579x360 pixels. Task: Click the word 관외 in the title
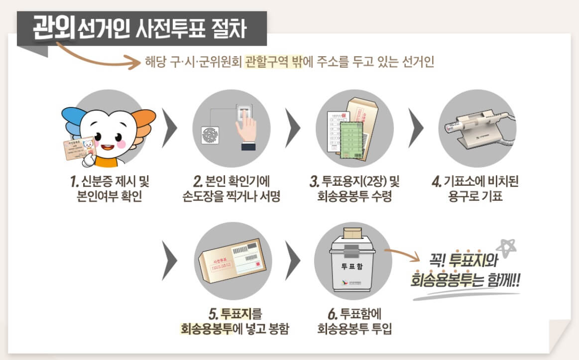54,28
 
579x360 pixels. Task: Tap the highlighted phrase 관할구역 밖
273,62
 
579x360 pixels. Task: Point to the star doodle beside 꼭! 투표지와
507,247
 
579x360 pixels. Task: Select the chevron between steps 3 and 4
415,128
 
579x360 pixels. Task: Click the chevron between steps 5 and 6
294,260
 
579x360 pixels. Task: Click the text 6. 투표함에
354,314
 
